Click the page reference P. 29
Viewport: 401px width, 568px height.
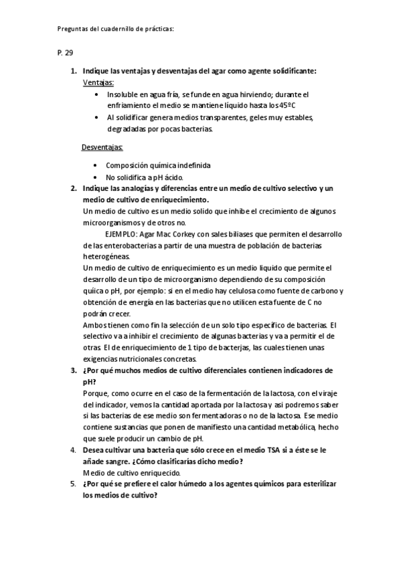tap(64, 52)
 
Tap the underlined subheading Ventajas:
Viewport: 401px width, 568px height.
tap(98, 82)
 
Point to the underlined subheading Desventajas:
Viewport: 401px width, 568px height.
tap(102, 147)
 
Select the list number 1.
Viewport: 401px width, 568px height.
tap(73, 71)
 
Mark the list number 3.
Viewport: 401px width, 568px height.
tap(73, 370)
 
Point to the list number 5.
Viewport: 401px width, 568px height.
tap(73, 483)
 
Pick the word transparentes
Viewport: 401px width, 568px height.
tap(210, 118)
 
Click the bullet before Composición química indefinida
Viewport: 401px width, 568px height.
tap(97, 165)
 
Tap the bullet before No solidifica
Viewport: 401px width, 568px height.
tap(97, 177)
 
